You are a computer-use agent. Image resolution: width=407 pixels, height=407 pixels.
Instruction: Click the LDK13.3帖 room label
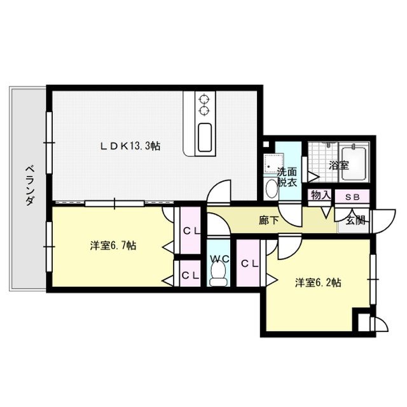[130, 146]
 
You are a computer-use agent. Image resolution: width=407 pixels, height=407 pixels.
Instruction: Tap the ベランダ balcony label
[29, 184]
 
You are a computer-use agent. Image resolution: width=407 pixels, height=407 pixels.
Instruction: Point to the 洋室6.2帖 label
[318, 282]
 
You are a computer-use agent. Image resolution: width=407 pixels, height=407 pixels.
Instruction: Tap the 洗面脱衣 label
[287, 177]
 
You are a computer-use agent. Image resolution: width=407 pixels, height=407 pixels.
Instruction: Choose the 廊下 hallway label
[268, 221]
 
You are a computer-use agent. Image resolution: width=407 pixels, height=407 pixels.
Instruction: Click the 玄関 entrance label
[355, 221]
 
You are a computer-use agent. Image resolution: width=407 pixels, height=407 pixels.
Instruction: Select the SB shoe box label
[352, 197]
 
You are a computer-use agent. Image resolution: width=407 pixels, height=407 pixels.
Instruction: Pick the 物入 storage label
[320, 196]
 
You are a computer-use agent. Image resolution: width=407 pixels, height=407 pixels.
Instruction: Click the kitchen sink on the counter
[205, 137]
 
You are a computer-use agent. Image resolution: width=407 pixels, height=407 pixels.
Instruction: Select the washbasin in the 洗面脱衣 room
[271, 188]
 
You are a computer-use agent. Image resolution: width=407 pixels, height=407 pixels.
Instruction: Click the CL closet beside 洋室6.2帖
[249, 263]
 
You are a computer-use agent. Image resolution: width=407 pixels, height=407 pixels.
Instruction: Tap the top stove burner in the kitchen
[205, 99]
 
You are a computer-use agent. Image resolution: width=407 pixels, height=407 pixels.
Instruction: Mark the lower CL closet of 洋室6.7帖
[189, 275]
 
